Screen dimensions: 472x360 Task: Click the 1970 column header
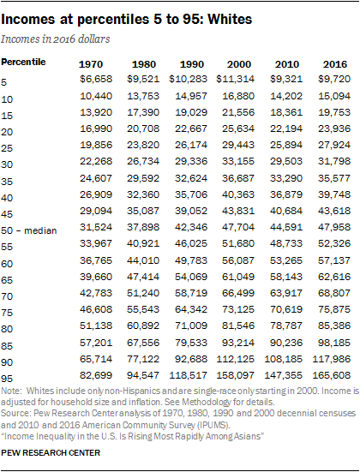point(92,64)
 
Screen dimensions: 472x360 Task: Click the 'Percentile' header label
point(24,62)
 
